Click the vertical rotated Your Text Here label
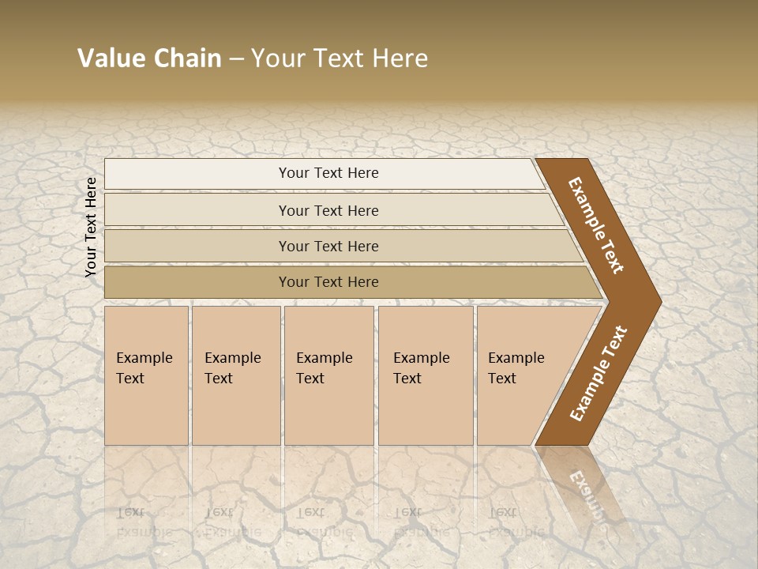click(x=91, y=227)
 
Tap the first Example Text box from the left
click(x=146, y=375)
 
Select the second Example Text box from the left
click(x=236, y=375)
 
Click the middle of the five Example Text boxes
click(x=328, y=375)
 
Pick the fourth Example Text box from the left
click(x=426, y=375)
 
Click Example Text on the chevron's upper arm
click(x=596, y=225)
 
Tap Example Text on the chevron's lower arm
click(x=598, y=373)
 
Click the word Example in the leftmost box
click(x=144, y=358)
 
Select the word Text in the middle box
click(x=310, y=379)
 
